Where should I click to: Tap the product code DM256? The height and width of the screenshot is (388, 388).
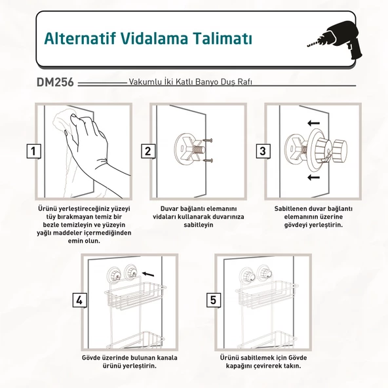[55, 82]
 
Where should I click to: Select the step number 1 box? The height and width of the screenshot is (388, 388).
[33, 151]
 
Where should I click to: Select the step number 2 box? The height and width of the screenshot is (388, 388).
[148, 151]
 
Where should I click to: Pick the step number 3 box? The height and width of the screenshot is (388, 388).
[263, 151]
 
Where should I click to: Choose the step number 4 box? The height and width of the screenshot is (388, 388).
[79, 300]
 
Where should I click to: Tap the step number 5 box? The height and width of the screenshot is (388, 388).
[214, 300]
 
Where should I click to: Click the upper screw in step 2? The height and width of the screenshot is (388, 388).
[208, 140]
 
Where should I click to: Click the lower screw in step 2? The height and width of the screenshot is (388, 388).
[208, 161]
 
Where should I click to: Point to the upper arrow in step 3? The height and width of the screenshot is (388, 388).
[313, 123]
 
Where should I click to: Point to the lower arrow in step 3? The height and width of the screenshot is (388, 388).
[313, 177]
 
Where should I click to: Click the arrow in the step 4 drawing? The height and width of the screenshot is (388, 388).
[148, 274]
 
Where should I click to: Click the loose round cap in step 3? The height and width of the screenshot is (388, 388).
[339, 151]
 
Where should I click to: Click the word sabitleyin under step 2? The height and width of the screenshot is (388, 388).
[199, 225]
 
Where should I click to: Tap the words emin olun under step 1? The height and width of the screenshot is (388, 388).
[84, 241]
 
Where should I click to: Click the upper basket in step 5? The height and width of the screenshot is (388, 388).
[266, 294]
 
